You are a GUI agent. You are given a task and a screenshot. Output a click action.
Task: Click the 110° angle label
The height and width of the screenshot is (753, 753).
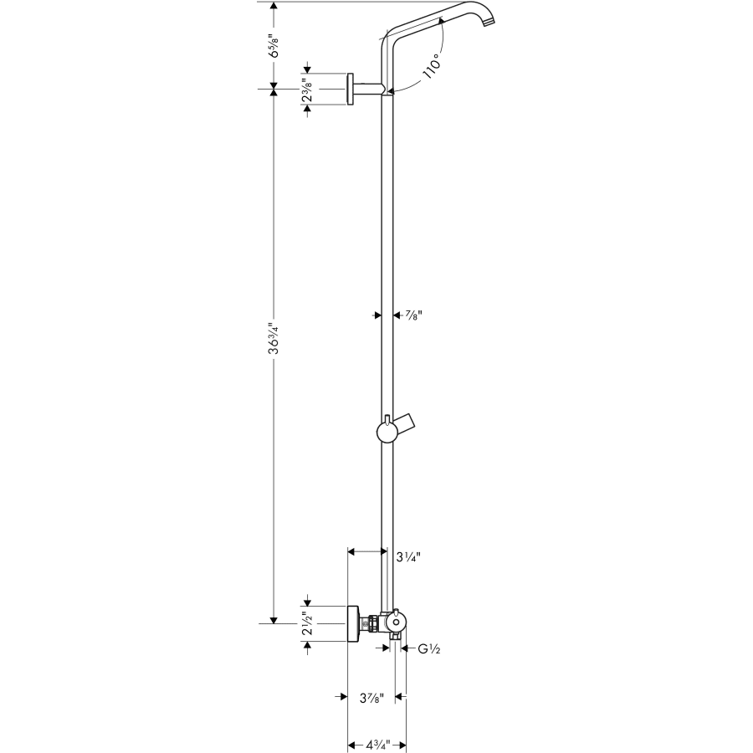pos(433,67)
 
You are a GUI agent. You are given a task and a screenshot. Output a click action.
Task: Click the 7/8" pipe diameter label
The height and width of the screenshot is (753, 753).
pos(412,315)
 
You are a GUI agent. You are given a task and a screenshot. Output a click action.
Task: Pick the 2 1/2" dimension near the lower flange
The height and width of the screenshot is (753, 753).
pos(308,623)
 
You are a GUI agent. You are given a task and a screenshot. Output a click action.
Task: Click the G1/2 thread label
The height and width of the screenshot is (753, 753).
pos(429,648)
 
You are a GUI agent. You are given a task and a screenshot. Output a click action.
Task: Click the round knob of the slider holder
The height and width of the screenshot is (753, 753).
pos(385,433)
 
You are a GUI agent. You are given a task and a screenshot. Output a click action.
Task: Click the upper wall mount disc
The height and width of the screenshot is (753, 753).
pos(349,90)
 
